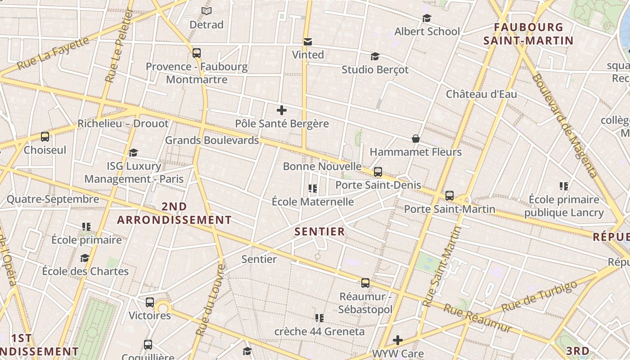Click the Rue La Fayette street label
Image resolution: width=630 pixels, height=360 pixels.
pos(53,53)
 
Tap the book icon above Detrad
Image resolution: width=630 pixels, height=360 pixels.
pos(207,11)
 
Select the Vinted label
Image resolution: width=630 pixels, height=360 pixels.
pos(308,55)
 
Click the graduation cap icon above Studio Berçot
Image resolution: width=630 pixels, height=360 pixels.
pos(375,56)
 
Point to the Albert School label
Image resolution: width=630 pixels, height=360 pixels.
pos(427,31)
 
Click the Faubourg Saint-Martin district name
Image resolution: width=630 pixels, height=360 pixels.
pos(528,34)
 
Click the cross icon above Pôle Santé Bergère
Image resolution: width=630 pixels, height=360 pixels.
pos(282,110)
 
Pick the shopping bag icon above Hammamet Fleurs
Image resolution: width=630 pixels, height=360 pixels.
pos(416,139)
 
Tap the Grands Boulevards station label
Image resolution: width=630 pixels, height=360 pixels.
pos(212,140)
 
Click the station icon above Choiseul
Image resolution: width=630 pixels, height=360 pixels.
pos(45,137)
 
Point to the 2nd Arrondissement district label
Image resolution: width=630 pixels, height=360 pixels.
pos(174,213)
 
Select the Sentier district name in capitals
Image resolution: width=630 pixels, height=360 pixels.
pos(319,232)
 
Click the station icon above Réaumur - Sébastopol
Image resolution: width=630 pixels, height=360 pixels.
pos(365,283)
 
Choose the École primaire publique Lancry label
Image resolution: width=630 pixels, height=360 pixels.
pos(564,206)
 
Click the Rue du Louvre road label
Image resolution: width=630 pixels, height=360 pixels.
pos(209,300)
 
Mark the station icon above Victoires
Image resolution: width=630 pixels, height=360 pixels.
pos(150,302)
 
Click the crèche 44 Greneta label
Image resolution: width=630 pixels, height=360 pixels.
pos(319,332)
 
